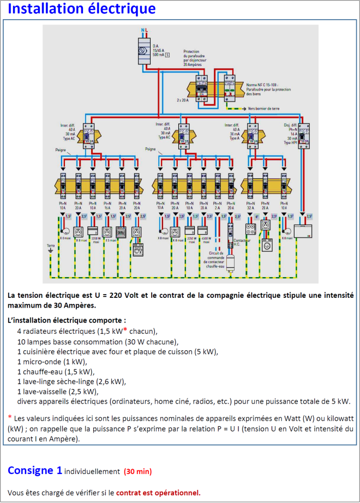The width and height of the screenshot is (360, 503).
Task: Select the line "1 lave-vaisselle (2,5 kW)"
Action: point(57,391)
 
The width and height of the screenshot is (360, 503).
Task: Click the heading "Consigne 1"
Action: point(34,470)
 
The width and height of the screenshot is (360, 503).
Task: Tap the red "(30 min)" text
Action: point(137,471)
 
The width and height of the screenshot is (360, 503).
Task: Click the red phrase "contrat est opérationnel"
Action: point(158,493)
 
